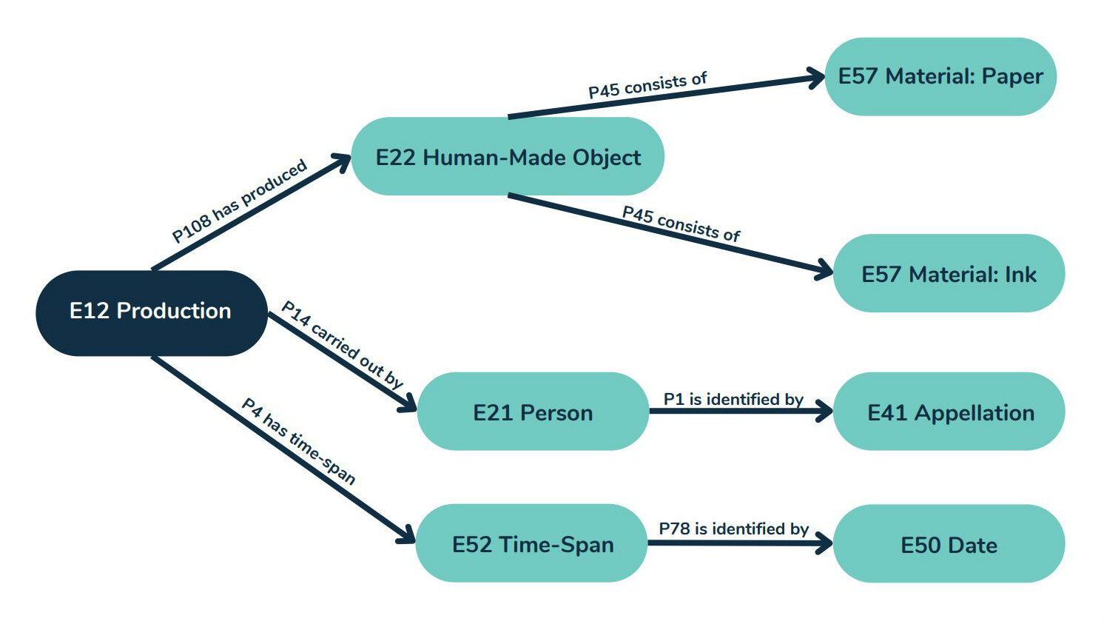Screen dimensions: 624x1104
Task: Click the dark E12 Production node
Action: tap(151, 312)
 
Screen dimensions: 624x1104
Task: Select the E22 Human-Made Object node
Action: tap(508, 157)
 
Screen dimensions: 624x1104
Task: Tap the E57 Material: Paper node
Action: tap(940, 76)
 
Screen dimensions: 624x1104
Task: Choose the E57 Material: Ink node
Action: tap(949, 274)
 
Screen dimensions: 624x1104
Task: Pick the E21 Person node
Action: tap(533, 412)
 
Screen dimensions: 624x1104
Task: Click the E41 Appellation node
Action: tap(949, 412)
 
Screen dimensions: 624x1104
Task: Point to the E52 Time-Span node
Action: tap(532, 544)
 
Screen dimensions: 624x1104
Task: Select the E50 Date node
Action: tap(949, 545)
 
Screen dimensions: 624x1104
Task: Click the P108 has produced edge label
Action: tap(239, 201)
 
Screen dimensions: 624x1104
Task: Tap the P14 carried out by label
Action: tap(342, 344)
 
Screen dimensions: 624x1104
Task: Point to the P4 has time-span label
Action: tap(299, 441)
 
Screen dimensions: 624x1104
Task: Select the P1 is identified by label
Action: tap(733, 399)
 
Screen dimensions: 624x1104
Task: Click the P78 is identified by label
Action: tap(733, 529)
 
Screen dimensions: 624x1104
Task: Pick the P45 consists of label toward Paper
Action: tap(647, 85)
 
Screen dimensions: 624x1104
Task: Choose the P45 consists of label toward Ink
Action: tap(681, 224)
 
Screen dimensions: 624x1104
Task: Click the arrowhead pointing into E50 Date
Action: tap(824, 543)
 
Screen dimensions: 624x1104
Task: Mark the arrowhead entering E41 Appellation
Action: tap(824, 411)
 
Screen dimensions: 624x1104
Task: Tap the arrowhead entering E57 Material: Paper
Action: tap(816, 77)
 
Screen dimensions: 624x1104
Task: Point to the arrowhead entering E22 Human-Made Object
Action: tap(342, 161)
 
